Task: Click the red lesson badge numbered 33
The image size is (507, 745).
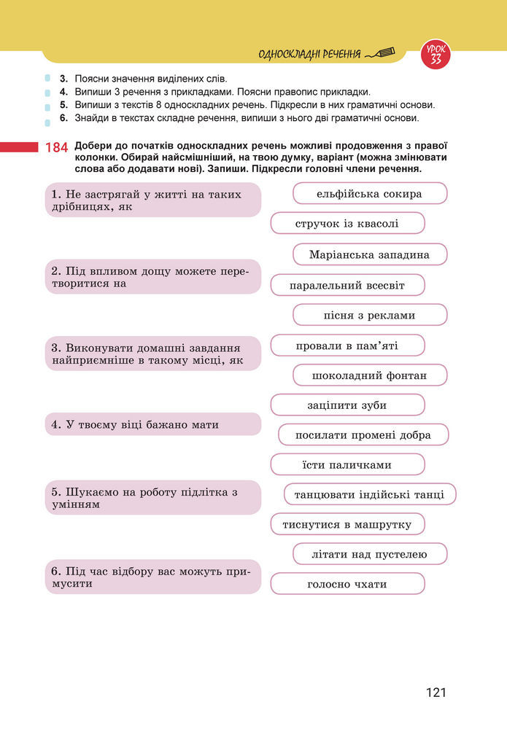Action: point(436,55)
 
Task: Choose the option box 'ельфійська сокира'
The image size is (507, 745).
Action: point(370,194)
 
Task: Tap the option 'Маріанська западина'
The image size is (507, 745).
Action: point(370,254)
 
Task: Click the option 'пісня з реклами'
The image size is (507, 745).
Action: point(370,315)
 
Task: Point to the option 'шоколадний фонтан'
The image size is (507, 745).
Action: point(370,375)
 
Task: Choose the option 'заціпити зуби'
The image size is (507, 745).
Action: point(347,405)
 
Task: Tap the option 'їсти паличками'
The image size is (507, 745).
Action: point(347,465)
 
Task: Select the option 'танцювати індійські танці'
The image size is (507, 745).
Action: point(370,495)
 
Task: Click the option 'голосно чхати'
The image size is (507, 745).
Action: point(347,584)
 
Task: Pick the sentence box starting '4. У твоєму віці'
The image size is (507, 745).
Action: point(152,424)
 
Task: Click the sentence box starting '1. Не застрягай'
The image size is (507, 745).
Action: point(152,200)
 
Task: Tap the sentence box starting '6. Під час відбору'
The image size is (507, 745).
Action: point(152,577)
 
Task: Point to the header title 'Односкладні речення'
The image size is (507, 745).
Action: point(310,54)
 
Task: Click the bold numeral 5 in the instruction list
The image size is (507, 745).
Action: point(64,104)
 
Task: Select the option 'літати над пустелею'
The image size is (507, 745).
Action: point(370,554)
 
